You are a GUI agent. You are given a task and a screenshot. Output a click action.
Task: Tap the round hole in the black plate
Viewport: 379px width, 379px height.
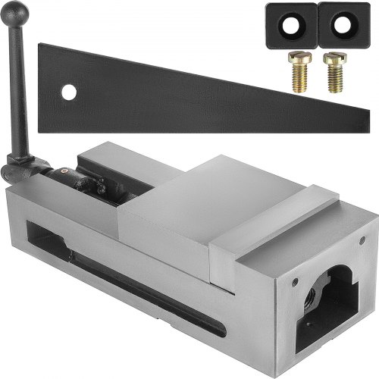(x=69, y=92)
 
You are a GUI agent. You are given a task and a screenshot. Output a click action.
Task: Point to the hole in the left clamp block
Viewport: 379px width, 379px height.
(x=290, y=23)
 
